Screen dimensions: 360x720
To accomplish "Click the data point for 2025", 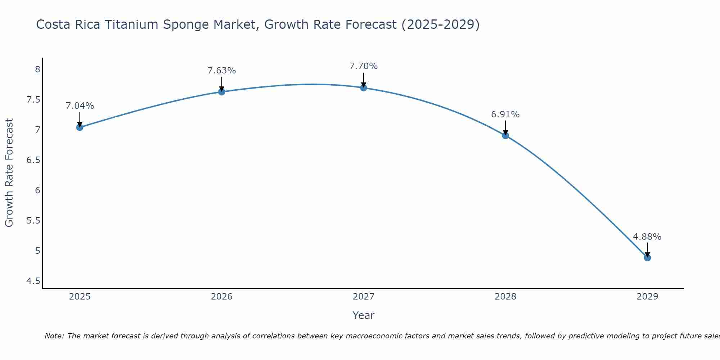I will coord(80,127).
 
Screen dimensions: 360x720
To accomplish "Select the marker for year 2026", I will coord(222,92).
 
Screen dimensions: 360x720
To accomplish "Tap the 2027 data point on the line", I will coord(364,87).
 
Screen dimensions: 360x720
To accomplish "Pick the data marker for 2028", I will coord(505,135).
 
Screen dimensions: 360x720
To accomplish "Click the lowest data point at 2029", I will coord(647,258).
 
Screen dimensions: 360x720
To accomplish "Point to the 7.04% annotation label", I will coord(80,106).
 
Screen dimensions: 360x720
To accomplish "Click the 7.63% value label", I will coord(222,71).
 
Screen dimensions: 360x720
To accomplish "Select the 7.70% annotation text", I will coord(364,66).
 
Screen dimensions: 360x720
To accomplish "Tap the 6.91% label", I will coord(505,114).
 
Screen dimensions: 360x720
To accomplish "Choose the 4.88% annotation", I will coord(647,237).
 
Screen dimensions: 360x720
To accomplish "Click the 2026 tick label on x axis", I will coord(222,297).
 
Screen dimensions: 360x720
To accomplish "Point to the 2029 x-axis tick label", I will coord(647,297).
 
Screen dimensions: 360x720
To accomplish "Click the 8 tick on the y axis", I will coord(37,69).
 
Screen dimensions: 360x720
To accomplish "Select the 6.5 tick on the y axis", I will coord(33,160).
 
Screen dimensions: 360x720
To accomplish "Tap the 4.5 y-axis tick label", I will coord(33,281).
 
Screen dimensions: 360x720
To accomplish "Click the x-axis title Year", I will coord(364,315).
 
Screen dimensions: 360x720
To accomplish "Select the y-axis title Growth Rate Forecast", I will coord(9,172).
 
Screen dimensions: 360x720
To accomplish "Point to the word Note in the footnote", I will coord(54,336).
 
